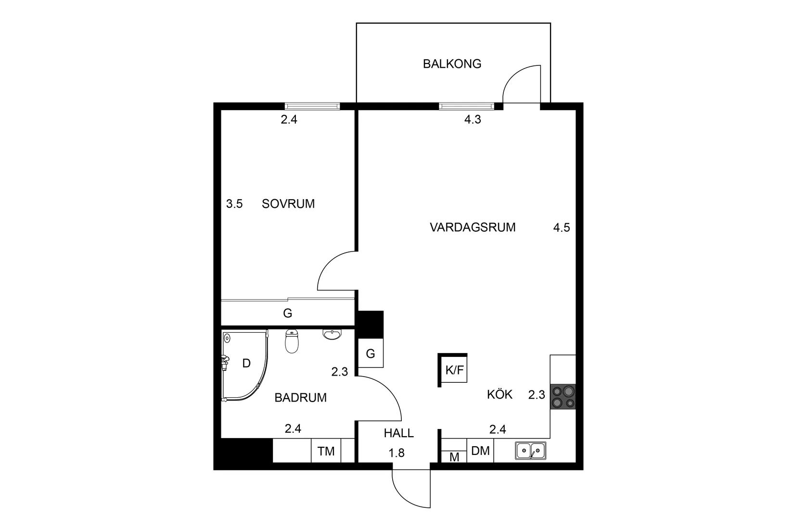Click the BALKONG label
[x=452, y=64]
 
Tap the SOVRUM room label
[x=288, y=204]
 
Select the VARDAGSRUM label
[x=472, y=227]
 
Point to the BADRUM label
[x=300, y=398]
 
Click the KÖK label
[x=499, y=395]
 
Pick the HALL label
[x=398, y=433]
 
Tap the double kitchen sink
[x=530, y=451]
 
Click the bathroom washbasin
[x=332, y=335]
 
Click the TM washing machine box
[x=326, y=451]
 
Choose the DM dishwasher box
[x=480, y=451]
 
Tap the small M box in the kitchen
[x=454, y=457]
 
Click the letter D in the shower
[x=246, y=364]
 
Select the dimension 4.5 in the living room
[x=562, y=227]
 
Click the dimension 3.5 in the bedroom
[x=234, y=204]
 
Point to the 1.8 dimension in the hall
[x=397, y=453]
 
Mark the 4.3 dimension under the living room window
[x=473, y=120]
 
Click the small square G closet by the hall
[x=371, y=354]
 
